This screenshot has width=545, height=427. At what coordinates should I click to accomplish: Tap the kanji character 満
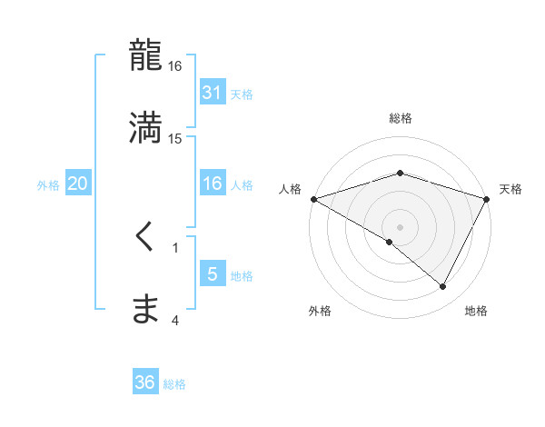click(x=146, y=127)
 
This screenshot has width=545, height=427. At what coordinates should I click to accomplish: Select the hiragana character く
click(x=145, y=238)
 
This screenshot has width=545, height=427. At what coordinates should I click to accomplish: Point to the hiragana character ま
click(x=145, y=310)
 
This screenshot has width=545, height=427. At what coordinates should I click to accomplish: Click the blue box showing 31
click(x=213, y=92)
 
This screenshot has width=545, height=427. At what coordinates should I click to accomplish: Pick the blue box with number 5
click(x=213, y=274)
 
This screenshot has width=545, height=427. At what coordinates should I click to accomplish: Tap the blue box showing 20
click(x=78, y=184)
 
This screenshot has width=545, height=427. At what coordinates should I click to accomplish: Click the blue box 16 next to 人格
click(x=213, y=184)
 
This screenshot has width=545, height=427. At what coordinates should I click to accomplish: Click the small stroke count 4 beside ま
click(x=175, y=320)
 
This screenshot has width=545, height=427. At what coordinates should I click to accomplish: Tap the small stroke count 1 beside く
click(x=175, y=247)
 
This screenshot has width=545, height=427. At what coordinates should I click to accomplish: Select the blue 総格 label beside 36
click(x=174, y=384)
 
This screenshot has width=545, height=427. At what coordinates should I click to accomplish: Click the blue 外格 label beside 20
click(x=48, y=184)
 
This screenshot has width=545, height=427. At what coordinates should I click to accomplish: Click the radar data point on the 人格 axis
click(x=312, y=199)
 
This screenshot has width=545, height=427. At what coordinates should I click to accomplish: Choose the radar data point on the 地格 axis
click(x=443, y=287)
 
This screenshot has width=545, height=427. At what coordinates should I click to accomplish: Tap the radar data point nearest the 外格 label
click(x=390, y=242)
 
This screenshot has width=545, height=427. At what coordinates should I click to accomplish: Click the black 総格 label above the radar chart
click(x=401, y=118)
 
